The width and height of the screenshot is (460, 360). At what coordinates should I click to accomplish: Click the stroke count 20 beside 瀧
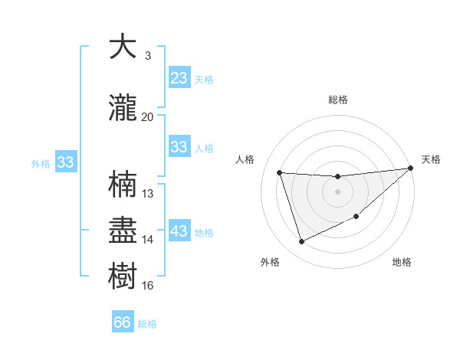coord(147,116)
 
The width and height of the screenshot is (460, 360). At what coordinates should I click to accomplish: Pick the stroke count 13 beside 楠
coord(148,193)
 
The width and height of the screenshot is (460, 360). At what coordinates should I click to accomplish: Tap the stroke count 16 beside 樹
coord(148,285)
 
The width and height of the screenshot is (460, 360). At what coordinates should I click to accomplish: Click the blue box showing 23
coord(179,78)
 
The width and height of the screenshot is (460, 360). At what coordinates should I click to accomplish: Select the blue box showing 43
coord(179,231)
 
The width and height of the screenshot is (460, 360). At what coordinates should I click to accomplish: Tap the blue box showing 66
coord(123,322)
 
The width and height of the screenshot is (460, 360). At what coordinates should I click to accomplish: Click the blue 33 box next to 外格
coord(65,162)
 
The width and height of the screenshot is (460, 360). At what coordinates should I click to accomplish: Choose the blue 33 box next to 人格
coord(179,147)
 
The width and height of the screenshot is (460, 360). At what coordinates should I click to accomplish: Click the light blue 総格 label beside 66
coord(147,324)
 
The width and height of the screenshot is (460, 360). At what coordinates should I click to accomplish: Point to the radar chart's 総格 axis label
coord(337,100)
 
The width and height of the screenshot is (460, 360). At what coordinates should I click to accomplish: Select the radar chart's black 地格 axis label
coord(402,262)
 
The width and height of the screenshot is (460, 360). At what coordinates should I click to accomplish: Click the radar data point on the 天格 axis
coord(410,169)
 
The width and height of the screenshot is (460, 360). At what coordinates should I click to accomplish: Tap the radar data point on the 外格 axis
coord(301,242)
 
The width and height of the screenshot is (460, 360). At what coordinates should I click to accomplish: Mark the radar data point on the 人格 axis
coord(280,172)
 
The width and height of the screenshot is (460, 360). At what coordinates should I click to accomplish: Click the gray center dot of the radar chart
coord(337,191)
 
